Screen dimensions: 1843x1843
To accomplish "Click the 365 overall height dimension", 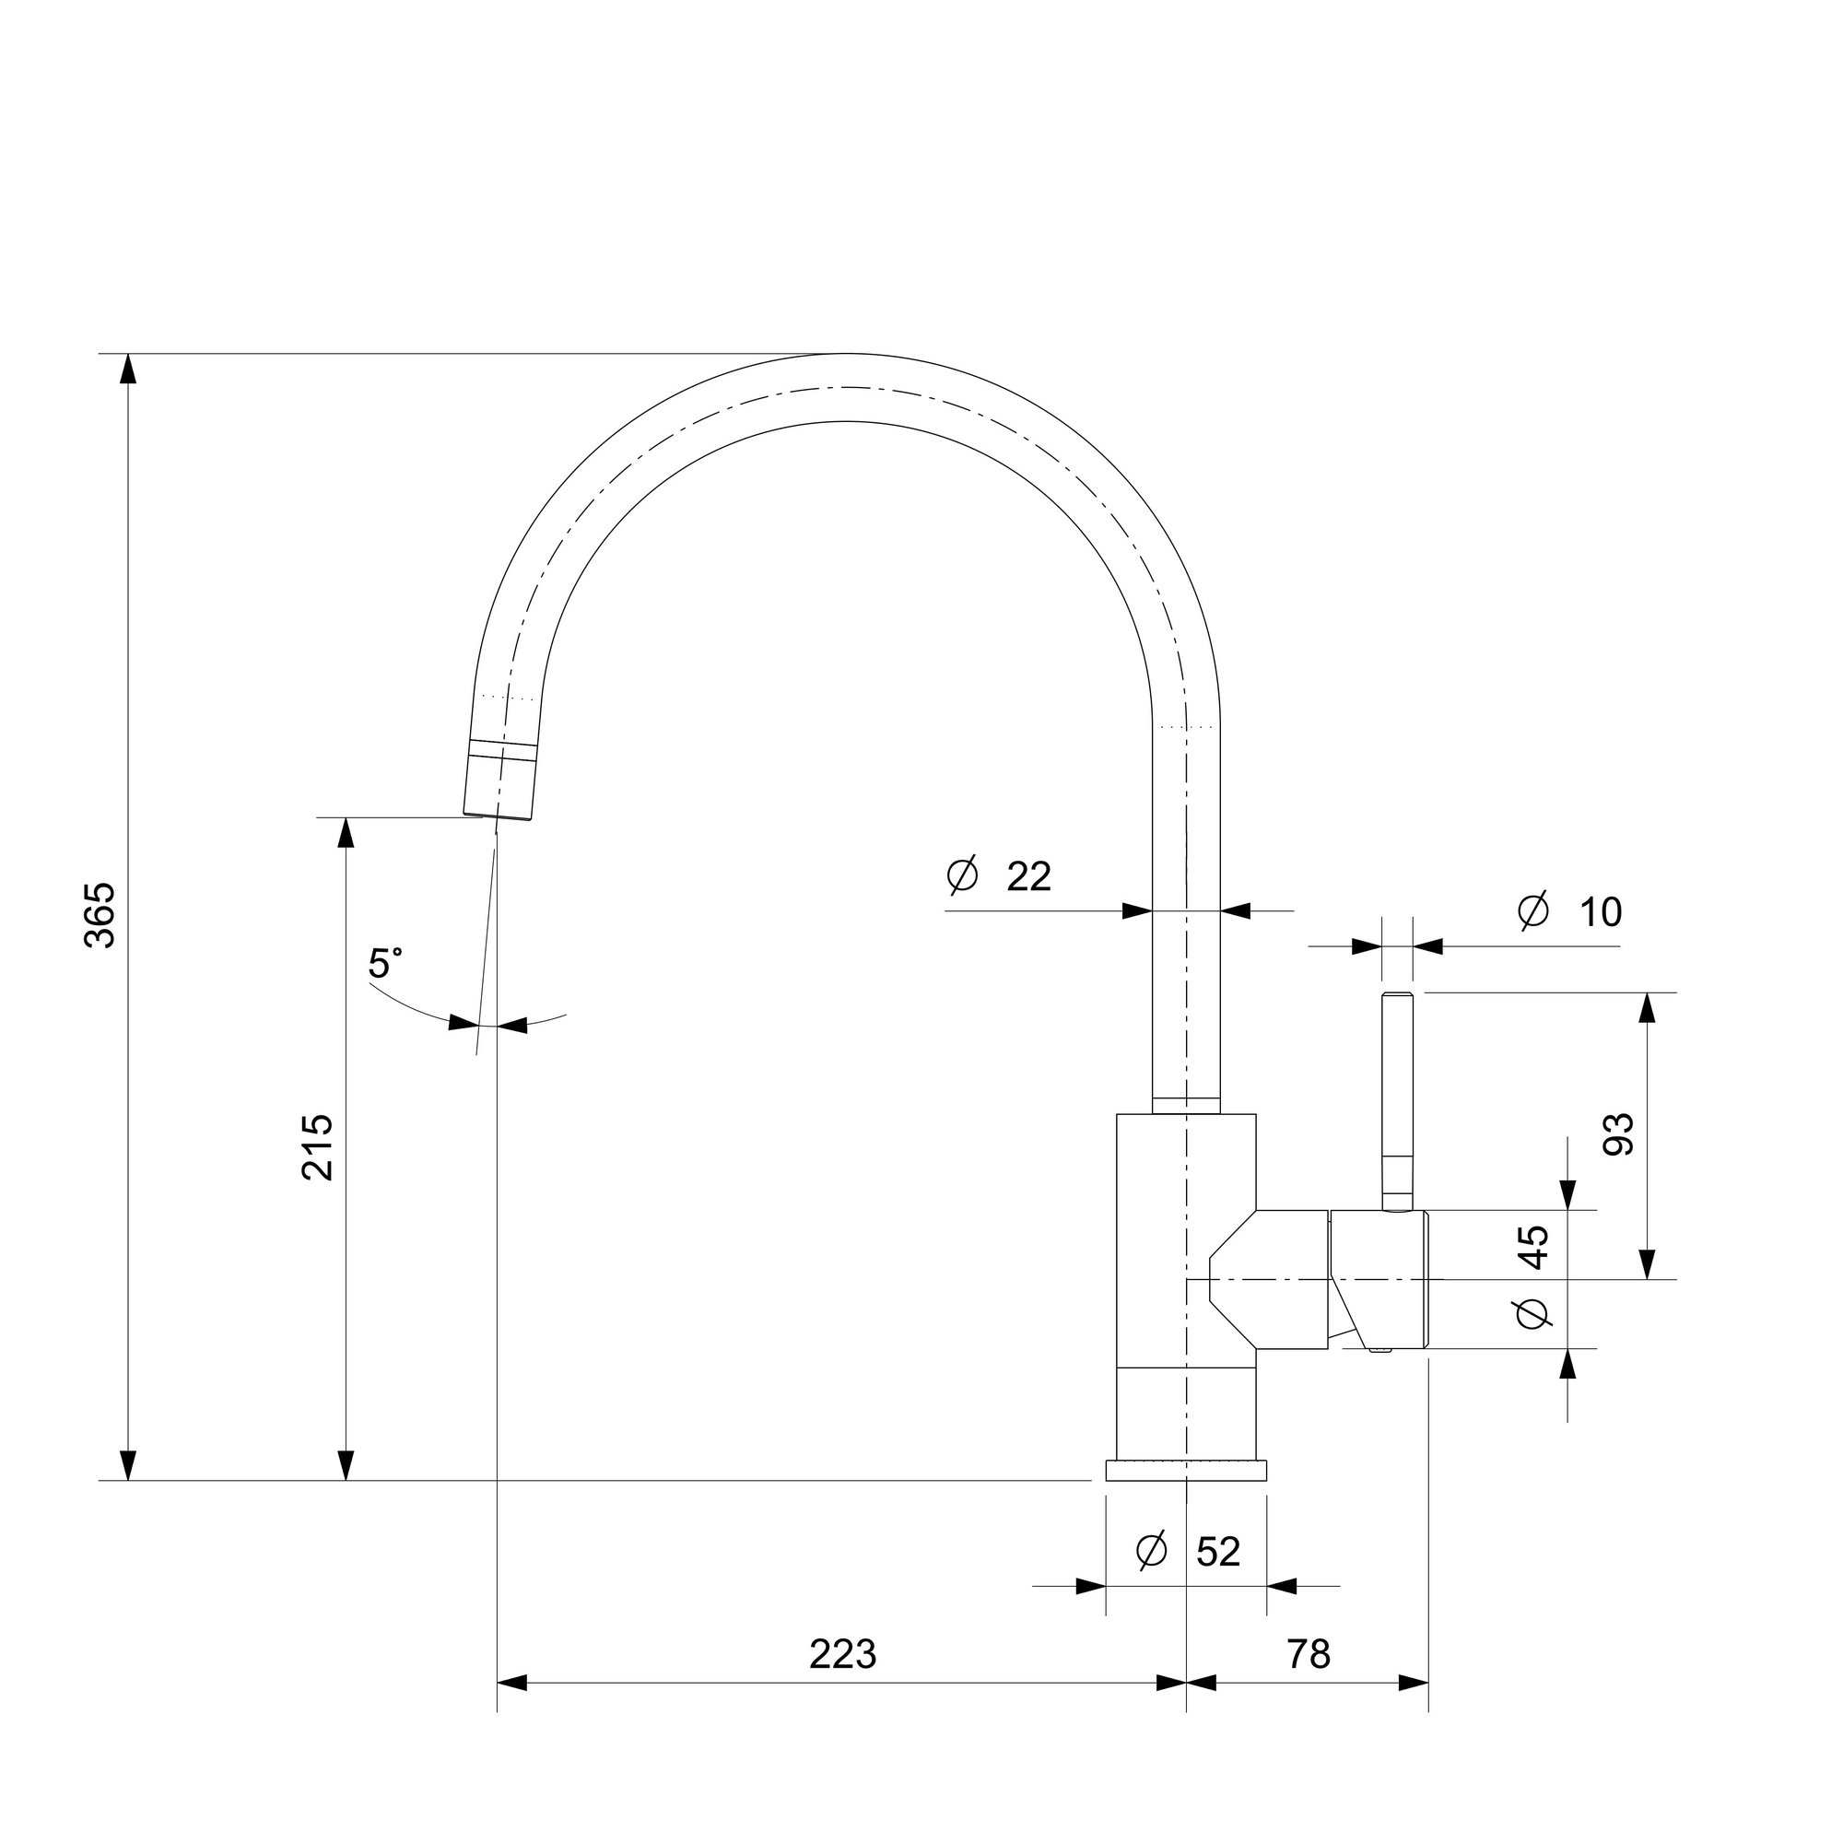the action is [100, 916].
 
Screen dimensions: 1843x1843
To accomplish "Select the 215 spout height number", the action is [318, 1147].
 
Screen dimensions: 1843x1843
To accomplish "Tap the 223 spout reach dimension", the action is [843, 1654].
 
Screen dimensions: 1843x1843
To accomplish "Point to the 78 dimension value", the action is [1309, 1654].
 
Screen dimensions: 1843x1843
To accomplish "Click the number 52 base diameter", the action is [1218, 1552].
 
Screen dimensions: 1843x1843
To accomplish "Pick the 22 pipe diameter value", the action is [1029, 876].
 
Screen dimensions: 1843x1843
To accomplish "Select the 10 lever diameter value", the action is [1601, 913].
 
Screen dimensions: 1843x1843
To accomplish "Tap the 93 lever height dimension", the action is [1619, 1135].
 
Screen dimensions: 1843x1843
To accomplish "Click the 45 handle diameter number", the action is [1534, 1247].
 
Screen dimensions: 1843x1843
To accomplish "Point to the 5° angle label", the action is [384, 964].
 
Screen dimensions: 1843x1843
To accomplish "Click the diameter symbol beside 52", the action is [1153, 1551].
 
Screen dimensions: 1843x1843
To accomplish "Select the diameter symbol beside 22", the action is [963, 875].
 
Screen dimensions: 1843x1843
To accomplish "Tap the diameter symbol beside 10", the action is [1534, 912].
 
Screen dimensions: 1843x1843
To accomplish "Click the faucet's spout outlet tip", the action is [497, 816].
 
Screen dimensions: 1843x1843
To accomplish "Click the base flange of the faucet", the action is [1186, 1470].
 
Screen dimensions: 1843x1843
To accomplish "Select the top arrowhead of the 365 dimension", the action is [128, 370].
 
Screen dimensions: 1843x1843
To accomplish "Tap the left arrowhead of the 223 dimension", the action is [512, 1683].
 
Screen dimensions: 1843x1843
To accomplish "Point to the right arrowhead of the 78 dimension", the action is [1413, 1683].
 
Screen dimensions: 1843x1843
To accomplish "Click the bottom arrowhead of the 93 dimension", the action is [1648, 1264].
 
